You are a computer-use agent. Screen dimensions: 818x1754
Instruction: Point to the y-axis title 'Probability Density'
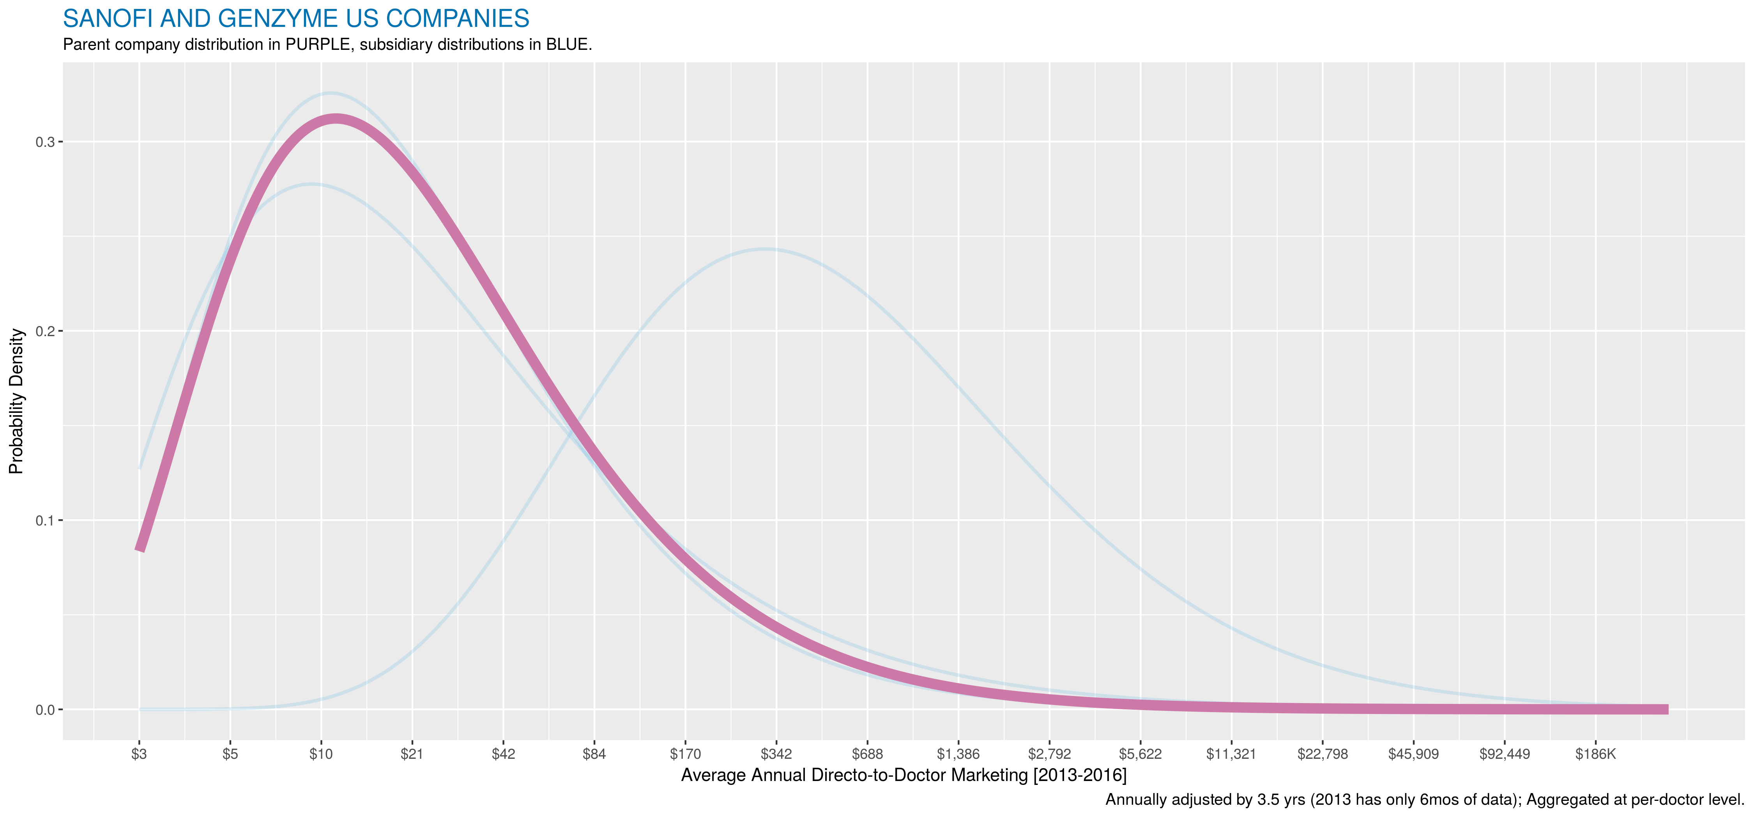point(16,402)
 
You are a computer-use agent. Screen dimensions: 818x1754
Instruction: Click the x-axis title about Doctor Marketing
point(904,775)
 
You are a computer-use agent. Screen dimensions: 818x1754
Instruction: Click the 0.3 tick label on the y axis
point(44,142)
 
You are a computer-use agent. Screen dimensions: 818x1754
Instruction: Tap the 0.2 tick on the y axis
point(44,331)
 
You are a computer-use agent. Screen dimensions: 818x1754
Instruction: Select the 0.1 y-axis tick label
point(44,521)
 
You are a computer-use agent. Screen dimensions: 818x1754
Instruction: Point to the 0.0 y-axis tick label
point(44,710)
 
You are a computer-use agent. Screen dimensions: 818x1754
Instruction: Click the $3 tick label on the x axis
point(139,754)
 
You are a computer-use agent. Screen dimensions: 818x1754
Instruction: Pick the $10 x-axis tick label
point(321,754)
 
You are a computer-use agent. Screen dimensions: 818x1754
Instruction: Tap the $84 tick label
point(594,754)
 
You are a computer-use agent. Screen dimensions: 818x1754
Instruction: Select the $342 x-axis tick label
point(776,754)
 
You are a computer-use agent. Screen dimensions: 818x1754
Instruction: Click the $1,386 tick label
point(958,754)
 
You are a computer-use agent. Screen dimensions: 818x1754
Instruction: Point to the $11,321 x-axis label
point(1231,754)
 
